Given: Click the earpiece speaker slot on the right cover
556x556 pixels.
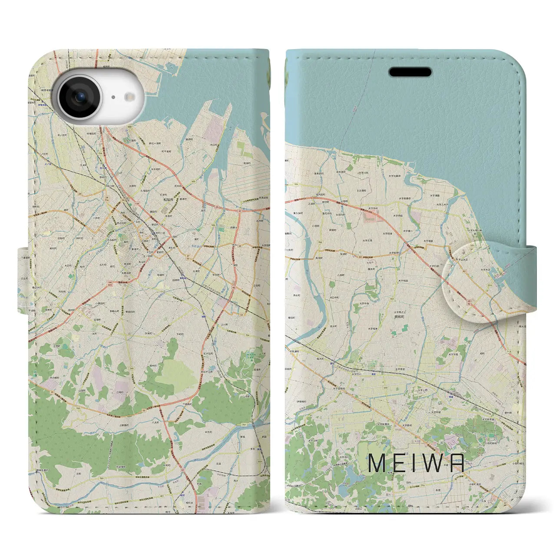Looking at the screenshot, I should tap(410, 71).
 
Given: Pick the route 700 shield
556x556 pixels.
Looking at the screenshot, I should tap(77, 409).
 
